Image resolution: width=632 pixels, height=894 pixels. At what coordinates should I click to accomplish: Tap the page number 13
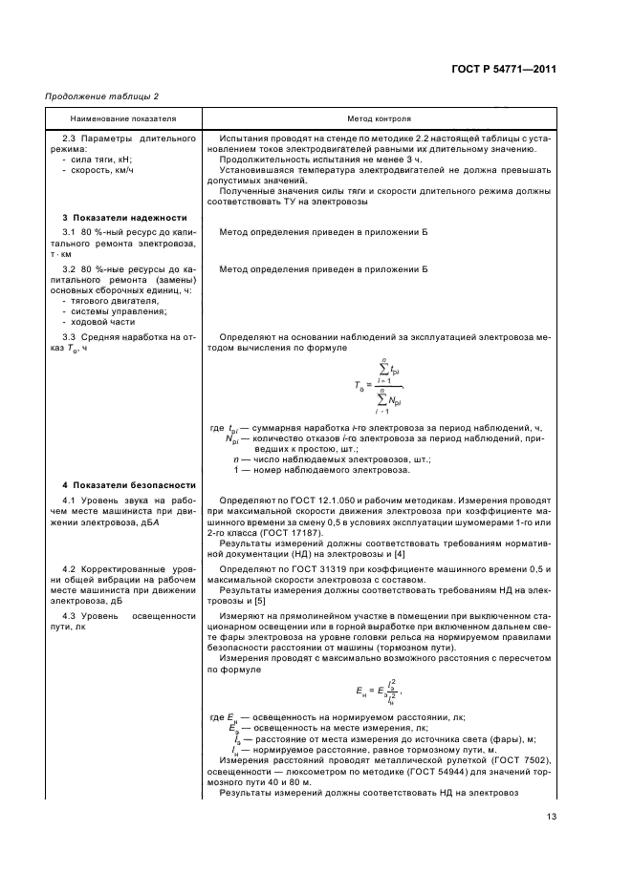[551, 816]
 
